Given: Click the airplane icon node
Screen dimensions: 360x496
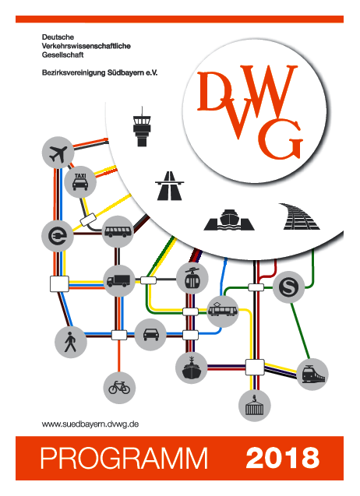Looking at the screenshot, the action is [x=58, y=153].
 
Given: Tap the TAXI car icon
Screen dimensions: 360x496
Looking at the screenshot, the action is [x=80, y=182].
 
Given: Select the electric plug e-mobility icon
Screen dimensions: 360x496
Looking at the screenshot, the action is [x=58, y=236].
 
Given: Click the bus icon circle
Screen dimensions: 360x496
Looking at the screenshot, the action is [x=118, y=232].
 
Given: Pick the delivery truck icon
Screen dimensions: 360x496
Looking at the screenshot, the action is [x=119, y=280].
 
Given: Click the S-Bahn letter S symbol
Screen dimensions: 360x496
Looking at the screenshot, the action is [x=289, y=287].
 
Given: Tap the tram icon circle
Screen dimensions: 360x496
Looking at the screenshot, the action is [x=223, y=311].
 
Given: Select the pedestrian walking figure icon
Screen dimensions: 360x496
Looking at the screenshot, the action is [x=70, y=343].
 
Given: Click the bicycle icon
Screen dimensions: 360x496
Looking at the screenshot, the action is [x=119, y=388].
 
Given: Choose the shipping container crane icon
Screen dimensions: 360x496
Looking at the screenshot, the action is [x=255, y=406].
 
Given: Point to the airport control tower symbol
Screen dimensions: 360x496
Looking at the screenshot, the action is [x=142, y=127].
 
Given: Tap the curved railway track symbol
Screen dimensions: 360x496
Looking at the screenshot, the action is [x=299, y=216].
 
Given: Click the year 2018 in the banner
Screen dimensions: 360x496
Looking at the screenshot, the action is [x=282, y=457].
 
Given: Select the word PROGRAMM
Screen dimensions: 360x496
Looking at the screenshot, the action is [x=124, y=458].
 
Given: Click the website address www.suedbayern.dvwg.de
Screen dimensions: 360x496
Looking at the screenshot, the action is [x=90, y=424].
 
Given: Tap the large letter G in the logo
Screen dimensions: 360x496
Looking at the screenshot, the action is [x=280, y=139].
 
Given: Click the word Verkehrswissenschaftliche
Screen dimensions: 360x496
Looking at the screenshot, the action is [x=86, y=46].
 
